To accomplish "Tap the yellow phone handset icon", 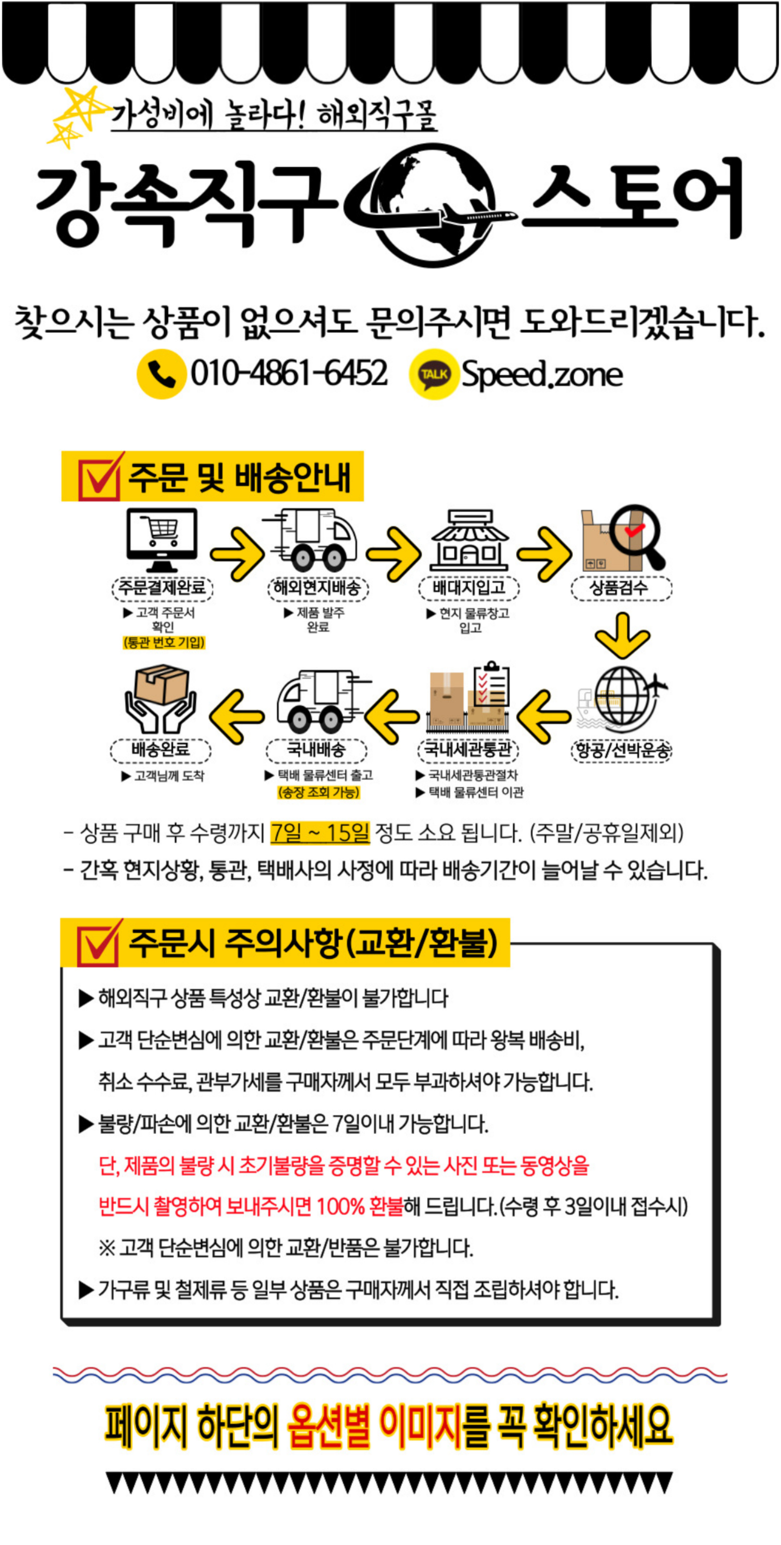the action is coord(161,374).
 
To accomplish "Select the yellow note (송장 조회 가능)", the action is coord(318,792).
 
